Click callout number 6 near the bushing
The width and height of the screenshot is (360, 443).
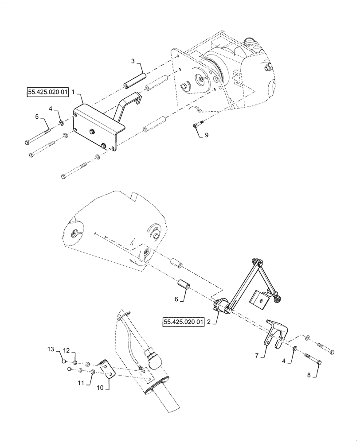(176, 299)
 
